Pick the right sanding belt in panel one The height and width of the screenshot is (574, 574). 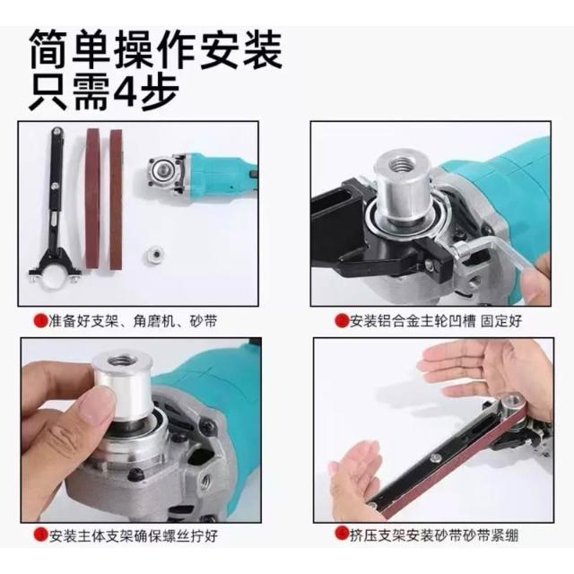[117, 199]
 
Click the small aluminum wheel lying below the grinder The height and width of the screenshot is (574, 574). [153, 254]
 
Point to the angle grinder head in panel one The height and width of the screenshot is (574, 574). [164, 173]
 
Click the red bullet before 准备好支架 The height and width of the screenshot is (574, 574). [40, 321]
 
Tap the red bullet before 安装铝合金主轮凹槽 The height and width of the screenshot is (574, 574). [342, 321]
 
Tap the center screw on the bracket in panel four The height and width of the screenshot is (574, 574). [436, 458]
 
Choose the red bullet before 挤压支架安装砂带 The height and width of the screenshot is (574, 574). [342, 532]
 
